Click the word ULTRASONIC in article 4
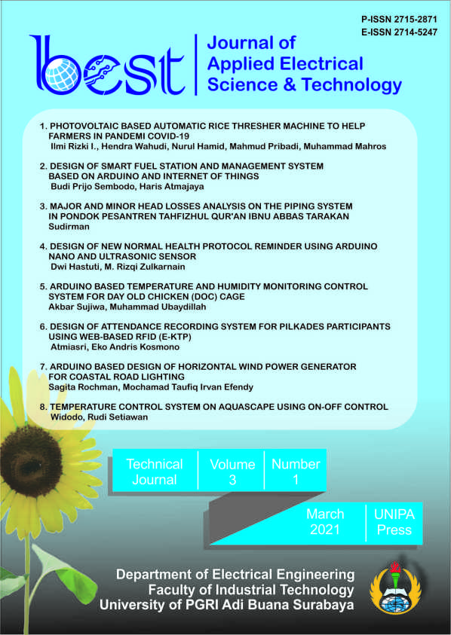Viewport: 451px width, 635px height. point(115,256)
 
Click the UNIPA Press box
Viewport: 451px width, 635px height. point(394,521)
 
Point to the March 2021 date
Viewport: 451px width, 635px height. point(325,522)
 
